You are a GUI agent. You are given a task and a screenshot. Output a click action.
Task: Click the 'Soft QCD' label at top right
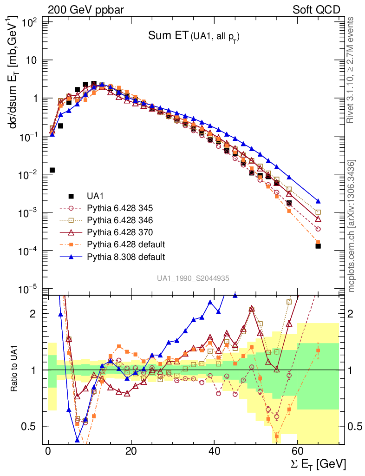tap(316, 10)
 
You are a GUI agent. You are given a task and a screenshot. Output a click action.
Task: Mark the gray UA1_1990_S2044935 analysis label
tap(193, 278)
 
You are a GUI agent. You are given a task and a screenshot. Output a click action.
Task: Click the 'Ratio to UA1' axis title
tap(15, 370)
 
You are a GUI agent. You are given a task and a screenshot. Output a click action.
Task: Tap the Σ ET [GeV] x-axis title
tap(315, 464)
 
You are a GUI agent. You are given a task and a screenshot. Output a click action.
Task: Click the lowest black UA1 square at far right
tap(318, 246)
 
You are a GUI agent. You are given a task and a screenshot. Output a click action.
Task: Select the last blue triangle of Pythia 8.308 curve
tap(318, 201)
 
